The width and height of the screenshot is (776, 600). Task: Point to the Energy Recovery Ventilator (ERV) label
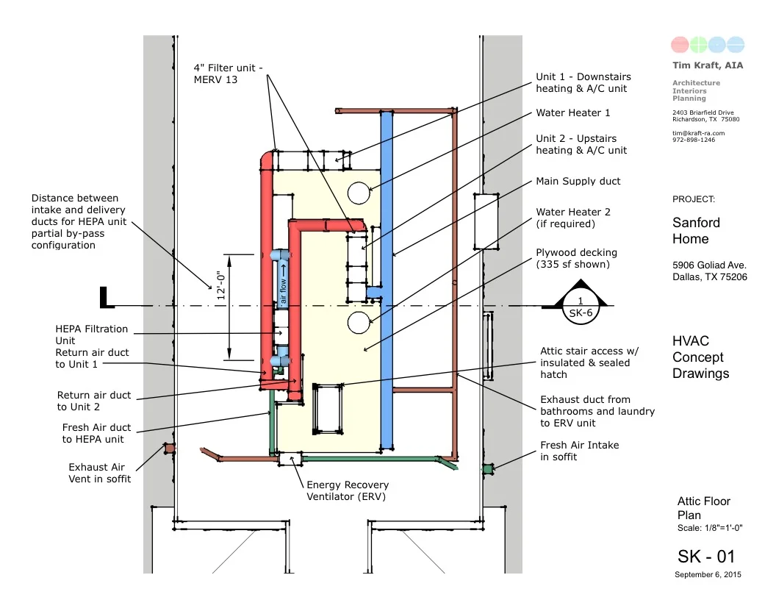click(x=348, y=490)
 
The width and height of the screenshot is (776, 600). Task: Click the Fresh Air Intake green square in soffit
click(x=487, y=468)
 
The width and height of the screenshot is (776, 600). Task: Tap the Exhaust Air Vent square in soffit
click(x=170, y=448)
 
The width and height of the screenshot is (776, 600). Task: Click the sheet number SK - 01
click(x=705, y=556)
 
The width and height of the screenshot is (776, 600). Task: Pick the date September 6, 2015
click(x=708, y=574)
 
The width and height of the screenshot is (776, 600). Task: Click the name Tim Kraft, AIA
click(x=708, y=65)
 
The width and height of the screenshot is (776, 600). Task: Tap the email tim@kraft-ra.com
click(x=698, y=133)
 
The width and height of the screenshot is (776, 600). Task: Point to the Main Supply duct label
click(x=578, y=181)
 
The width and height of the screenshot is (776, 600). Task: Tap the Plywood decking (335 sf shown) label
click(x=576, y=258)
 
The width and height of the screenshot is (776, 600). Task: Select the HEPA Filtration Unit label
click(x=91, y=335)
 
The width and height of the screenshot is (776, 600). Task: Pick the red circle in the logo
click(x=680, y=45)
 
